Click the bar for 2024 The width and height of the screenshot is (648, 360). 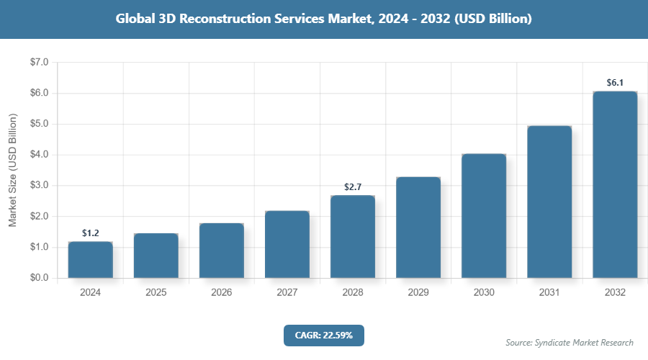point(90,260)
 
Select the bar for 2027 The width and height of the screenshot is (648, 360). point(287,244)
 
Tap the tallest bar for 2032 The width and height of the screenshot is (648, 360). point(615,184)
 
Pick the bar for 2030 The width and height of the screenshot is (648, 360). point(484,216)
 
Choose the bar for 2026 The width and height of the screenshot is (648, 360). point(221,251)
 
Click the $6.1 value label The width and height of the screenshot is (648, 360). point(615,83)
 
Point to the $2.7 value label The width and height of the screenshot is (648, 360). point(353,187)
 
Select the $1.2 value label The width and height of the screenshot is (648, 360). point(90,233)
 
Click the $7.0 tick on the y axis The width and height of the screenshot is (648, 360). point(39,63)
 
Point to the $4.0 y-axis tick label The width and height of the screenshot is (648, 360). point(39,155)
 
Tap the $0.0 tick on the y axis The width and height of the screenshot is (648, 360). point(39,278)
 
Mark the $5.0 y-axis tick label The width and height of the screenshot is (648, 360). point(39,124)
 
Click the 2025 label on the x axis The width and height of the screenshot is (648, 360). point(156,293)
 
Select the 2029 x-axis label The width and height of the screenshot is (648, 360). point(418,293)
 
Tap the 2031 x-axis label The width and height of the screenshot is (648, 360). point(549,293)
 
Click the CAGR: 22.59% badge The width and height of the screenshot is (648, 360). point(324,336)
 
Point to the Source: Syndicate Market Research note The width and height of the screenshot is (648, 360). point(570,342)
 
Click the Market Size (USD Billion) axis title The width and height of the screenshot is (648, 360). point(12,170)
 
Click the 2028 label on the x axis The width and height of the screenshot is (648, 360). point(353,293)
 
